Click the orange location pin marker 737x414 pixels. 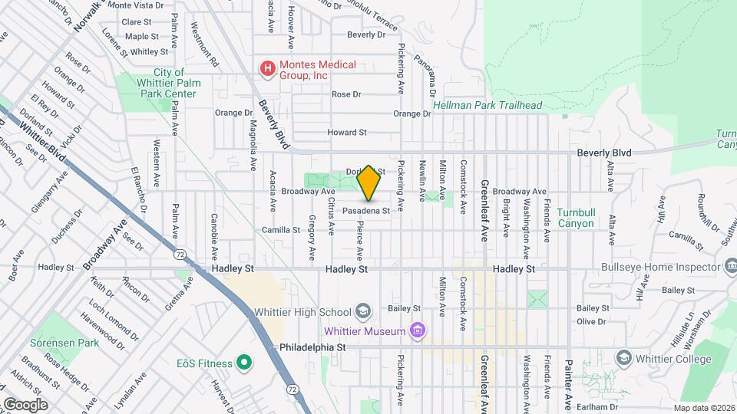pyautogui.click(x=369, y=182)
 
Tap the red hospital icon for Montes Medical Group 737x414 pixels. pyautogui.click(x=267, y=69)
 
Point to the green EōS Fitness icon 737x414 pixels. pyautogui.click(x=244, y=361)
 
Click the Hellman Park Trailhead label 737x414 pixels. pyautogui.click(x=487, y=105)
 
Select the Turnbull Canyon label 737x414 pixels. pyautogui.click(x=577, y=218)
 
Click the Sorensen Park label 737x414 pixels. pyautogui.click(x=64, y=343)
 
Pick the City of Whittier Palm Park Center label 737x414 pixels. pyautogui.click(x=164, y=87)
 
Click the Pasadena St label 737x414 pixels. pyautogui.click(x=366, y=210)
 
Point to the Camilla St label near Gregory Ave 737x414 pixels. pyautogui.click(x=280, y=230)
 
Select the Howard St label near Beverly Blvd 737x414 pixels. pyautogui.click(x=346, y=133)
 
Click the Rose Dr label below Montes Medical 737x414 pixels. pyautogui.click(x=345, y=94)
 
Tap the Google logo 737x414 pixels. pyautogui.click(x=25, y=404)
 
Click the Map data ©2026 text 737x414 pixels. pyautogui.click(x=704, y=408)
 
